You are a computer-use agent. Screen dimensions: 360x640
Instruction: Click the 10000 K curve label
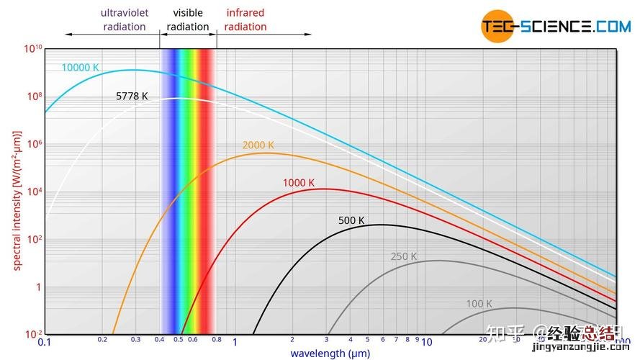click(80, 68)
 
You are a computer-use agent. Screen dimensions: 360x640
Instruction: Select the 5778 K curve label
click(132, 96)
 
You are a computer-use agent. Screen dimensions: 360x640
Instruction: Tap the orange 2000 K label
click(258, 145)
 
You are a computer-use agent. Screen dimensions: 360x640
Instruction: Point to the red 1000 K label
click(298, 183)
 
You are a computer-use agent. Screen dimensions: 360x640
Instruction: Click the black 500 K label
click(351, 220)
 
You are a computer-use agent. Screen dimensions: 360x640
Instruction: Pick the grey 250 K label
click(404, 256)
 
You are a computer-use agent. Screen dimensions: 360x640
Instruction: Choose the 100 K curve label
click(479, 304)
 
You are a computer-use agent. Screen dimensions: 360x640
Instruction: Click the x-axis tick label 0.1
click(45, 343)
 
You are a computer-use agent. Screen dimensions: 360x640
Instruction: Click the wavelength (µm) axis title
click(330, 353)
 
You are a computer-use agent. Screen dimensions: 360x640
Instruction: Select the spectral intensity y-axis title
click(17, 199)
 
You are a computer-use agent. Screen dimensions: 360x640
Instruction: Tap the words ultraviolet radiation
click(125, 20)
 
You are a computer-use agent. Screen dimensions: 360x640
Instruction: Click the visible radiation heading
click(188, 20)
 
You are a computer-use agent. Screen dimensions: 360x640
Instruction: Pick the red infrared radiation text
click(245, 20)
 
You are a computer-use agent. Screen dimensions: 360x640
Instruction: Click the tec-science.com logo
click(556, 27)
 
